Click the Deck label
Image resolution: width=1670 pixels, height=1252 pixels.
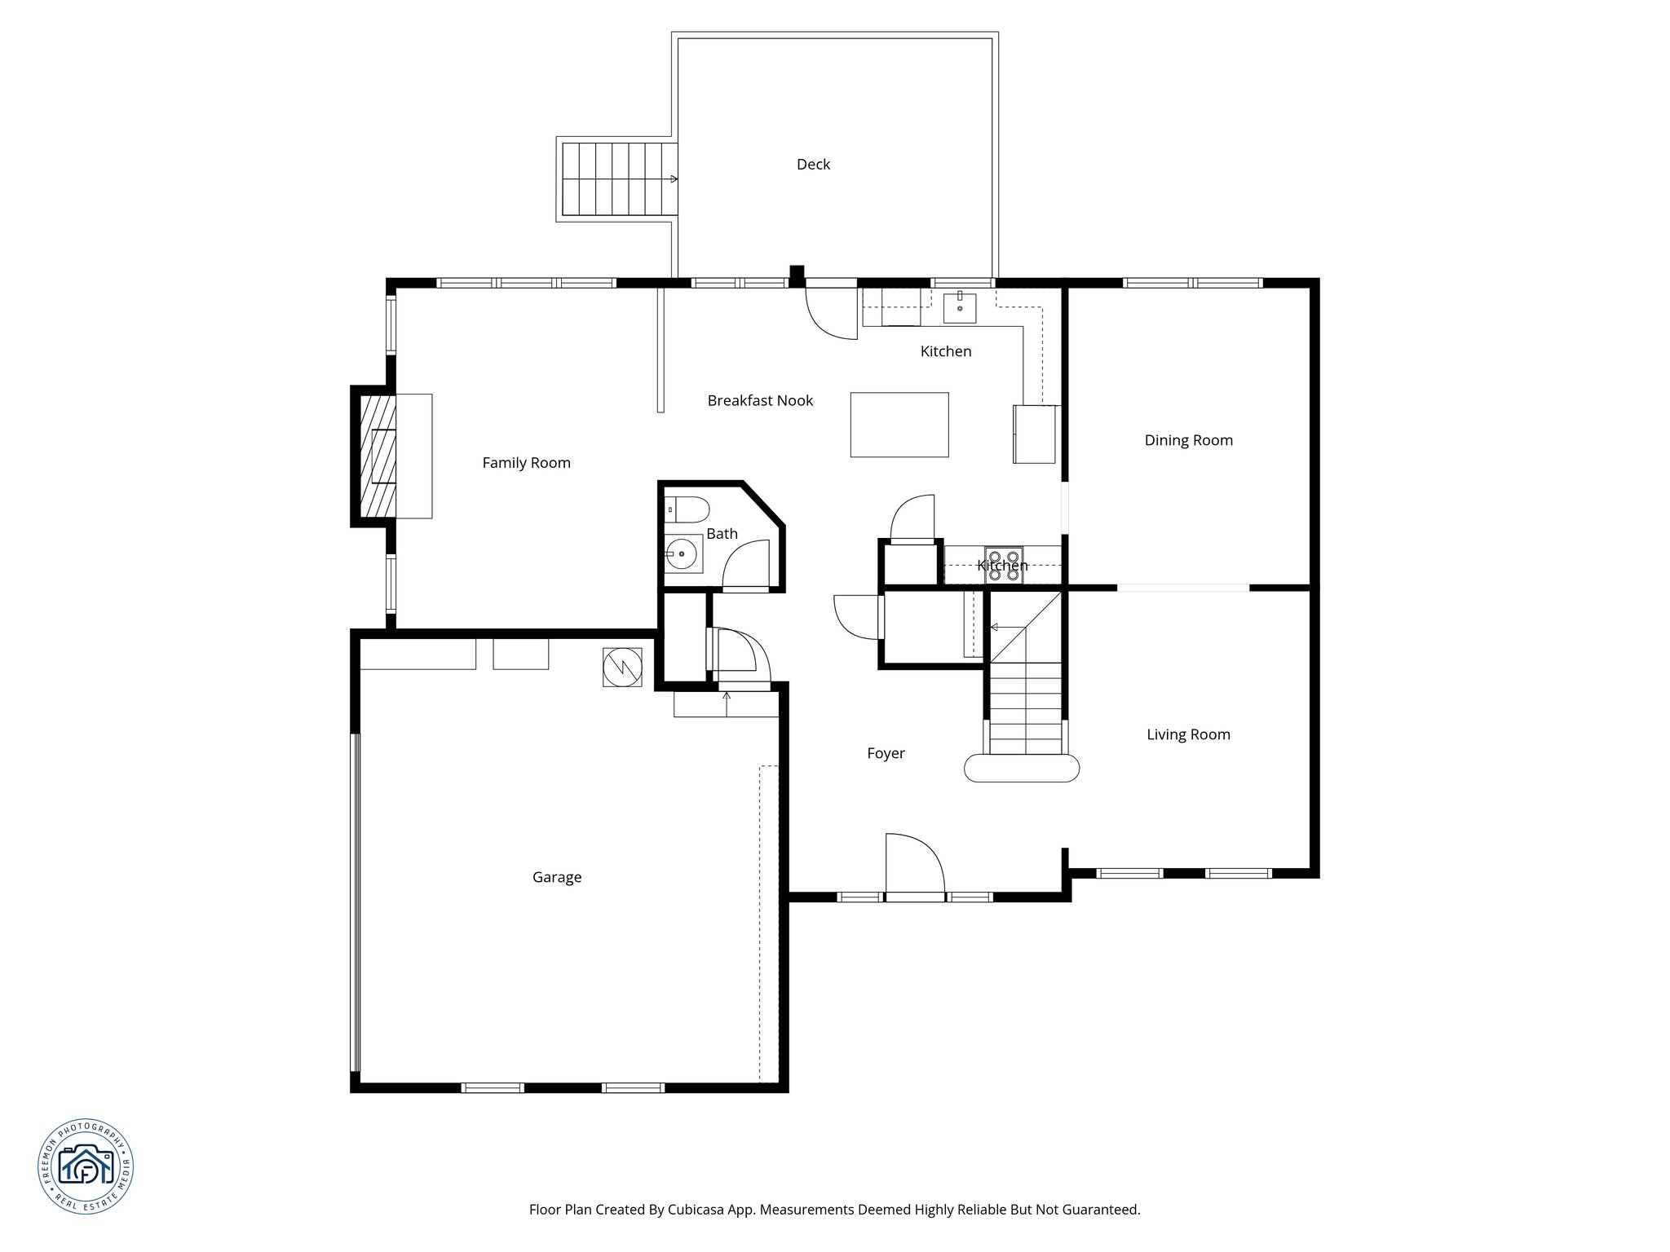tap(813, 165)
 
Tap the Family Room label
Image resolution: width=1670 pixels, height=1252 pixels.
tap(526, 463)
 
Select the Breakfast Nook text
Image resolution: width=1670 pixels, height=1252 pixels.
tap(760, 401)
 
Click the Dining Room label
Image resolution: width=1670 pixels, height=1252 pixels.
tap(1188, 441)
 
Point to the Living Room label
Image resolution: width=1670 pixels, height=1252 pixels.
tap(1188, 734)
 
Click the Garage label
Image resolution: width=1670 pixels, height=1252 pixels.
tap(557, 878)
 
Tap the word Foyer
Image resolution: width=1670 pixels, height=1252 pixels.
tap(886, 754)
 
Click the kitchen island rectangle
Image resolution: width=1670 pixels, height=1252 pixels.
tap(899, 425)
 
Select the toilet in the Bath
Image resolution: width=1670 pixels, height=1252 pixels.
tap(686, 509)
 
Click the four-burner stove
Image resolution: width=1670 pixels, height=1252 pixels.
tap(1003, 564)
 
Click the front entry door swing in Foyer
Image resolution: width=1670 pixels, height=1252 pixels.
tap(913, 866)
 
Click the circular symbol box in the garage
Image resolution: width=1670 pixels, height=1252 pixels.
tap(622, 668)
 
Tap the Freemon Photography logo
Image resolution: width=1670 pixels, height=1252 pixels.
tap(86, 1166)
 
